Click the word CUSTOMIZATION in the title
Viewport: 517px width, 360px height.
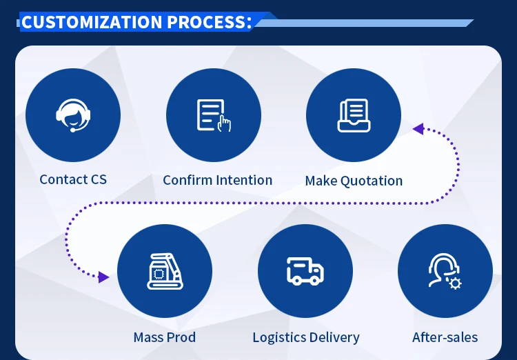[92, 21]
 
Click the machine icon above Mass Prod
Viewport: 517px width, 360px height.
[165, 271]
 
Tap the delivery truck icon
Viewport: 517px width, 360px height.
[305, 271]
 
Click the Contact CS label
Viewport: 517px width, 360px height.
[73, 179]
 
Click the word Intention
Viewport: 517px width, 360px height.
[245, 180]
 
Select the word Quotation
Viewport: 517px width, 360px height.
[369, 181]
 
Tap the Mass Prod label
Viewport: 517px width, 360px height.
[165, 337]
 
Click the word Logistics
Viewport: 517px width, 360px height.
[277, 338]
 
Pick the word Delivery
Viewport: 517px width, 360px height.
[334, 338]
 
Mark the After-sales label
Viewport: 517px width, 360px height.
[445, 337]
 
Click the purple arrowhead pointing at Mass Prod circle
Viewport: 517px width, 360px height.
[103, 277]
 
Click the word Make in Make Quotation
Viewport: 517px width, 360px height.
[320, 181]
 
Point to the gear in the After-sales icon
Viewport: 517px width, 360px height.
[455, 283]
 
